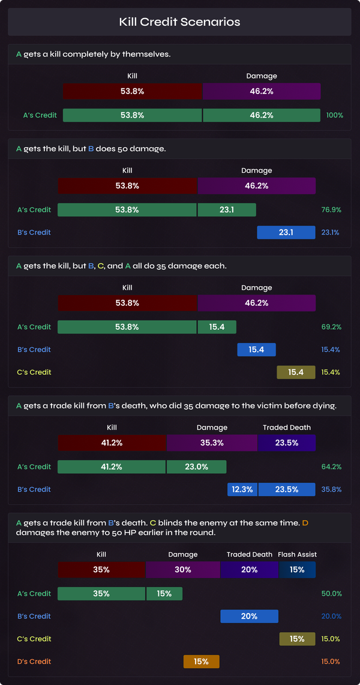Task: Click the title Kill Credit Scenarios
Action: [x=179, y=22]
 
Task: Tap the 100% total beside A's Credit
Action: [x=334, y=115]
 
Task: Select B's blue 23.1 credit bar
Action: [x=286, y=232]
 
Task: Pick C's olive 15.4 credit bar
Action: [x=296, y=372]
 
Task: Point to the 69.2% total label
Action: [x=331, y=327]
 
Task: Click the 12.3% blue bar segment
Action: [x=242, y=489]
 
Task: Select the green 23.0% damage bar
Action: [x=196, y=467]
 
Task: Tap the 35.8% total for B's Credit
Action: [x=331, y=489]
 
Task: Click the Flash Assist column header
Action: [x=297, y=554]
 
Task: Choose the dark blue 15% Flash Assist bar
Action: [x=297, y=569]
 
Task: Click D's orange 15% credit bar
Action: [x=201, y=662]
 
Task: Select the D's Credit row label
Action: [x=34, y=662]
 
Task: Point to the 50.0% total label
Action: [x=331, y=593]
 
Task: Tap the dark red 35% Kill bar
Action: [x=101, y=569]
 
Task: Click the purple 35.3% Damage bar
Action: [x=212, y=443]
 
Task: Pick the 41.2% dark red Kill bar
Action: [x=112, y=443]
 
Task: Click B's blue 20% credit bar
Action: [x=249, y=616]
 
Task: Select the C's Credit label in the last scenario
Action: [x=34, y=639]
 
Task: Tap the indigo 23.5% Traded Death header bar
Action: [x=286, y=443]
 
